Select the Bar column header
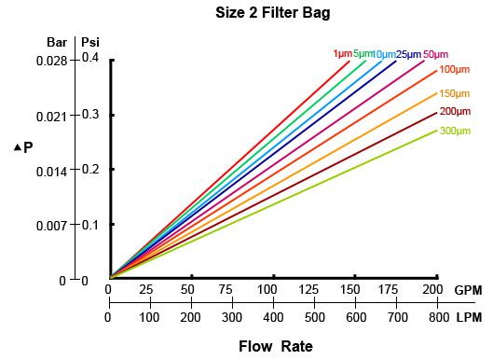click(x=57, y=43)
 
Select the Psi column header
click(x=90, y=43)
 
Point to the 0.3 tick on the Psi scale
click(x=89, y=116)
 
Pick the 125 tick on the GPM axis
click(x=313, y=290)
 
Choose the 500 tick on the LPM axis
click(x=313, y=318)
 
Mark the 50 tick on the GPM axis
click(x=191, y=290)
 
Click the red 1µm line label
click(x=342, y=54)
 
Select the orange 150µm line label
click(x=453, y=93)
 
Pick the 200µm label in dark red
click(x=453, y=112)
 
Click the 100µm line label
click(x=453, y=70)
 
